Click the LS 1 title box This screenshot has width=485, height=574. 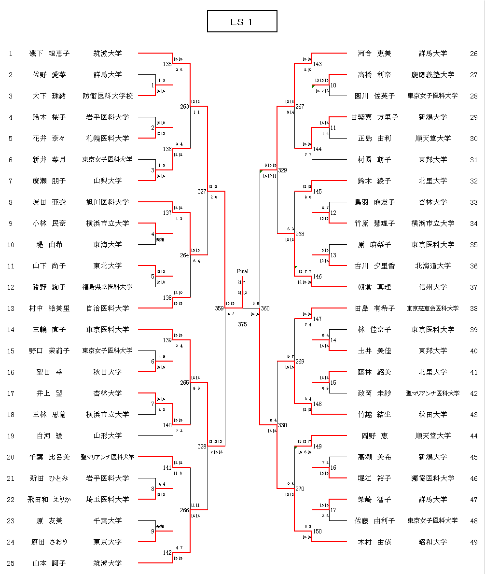pyautogui.click(x=242, y=22)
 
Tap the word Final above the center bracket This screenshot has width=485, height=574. pyautogui.click(x=242, y=271)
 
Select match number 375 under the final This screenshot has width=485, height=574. pyautogui.click(x=242, y=324)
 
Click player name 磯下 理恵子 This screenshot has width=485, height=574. pyautogui.click(x=49, y=54)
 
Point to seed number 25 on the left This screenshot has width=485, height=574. pyautogui.click(x=11, y=563)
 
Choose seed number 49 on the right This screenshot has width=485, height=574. pyautogui.click(x=473, y=542)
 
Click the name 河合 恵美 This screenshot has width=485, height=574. pyautogui.click(x=374, y=54)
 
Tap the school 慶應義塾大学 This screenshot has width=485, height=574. pyautogui.click(x=432, y=75)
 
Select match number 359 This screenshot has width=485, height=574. pyautogui.click(x=219, y=308)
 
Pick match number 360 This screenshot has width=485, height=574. pyautogui.click(x=265, y=308)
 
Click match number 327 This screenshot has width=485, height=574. pyautogui.click(x=202, y=191)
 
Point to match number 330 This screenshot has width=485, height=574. pyautogui.click(x=282, y=425)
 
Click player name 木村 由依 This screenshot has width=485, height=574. pyautogui.click(x=374, y=542)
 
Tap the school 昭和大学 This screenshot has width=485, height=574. pyautogui.click(x=432, y=542)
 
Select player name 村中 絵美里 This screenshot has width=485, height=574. pyautogui.click(x=49, y=308)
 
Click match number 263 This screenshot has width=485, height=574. pyautogui.click(x=184, y=107)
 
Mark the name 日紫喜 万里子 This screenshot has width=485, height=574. pyautogui.click(x=374, y=117)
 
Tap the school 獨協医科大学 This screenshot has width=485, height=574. pyautogui.click(x=432, y=478)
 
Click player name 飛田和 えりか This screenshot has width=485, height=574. pyautogui.click(x=49, y=500)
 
